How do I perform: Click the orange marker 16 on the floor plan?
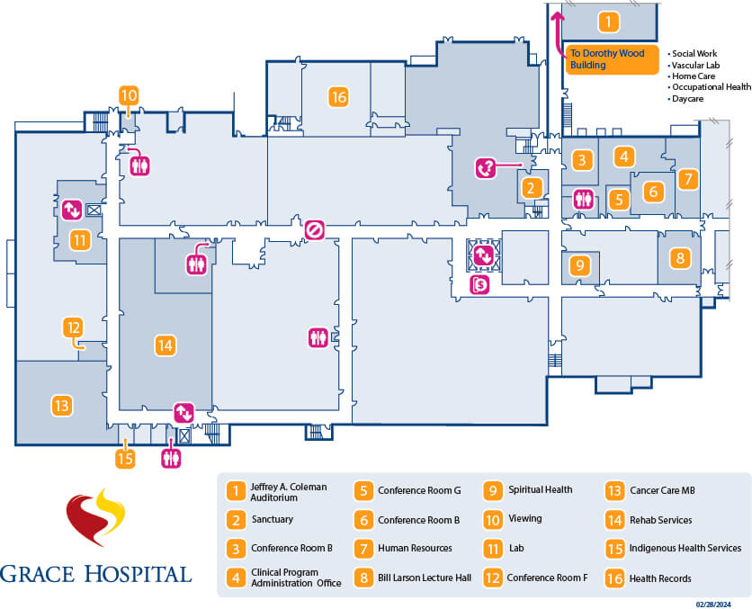[x=338, y=96]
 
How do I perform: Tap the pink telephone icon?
[x=486, y=167]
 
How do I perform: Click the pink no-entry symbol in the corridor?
[x=314, y=230]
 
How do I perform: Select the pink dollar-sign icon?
[x=480, y=285]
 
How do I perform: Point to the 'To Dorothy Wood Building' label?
[x=607, y=59]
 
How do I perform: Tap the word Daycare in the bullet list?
[x=687, y=98]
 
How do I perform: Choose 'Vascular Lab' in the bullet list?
[x=694, y=66]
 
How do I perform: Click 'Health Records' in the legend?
[x=660, y=577]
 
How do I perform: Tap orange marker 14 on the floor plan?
[x=164, y=345]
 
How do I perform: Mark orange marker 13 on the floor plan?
[x=61, y=405]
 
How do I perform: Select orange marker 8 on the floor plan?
[x=680, y=258]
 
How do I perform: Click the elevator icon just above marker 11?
[x=72, y=210]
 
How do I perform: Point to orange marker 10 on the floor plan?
[x=129, y=94]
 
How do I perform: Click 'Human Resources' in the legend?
[x=415, y=548]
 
